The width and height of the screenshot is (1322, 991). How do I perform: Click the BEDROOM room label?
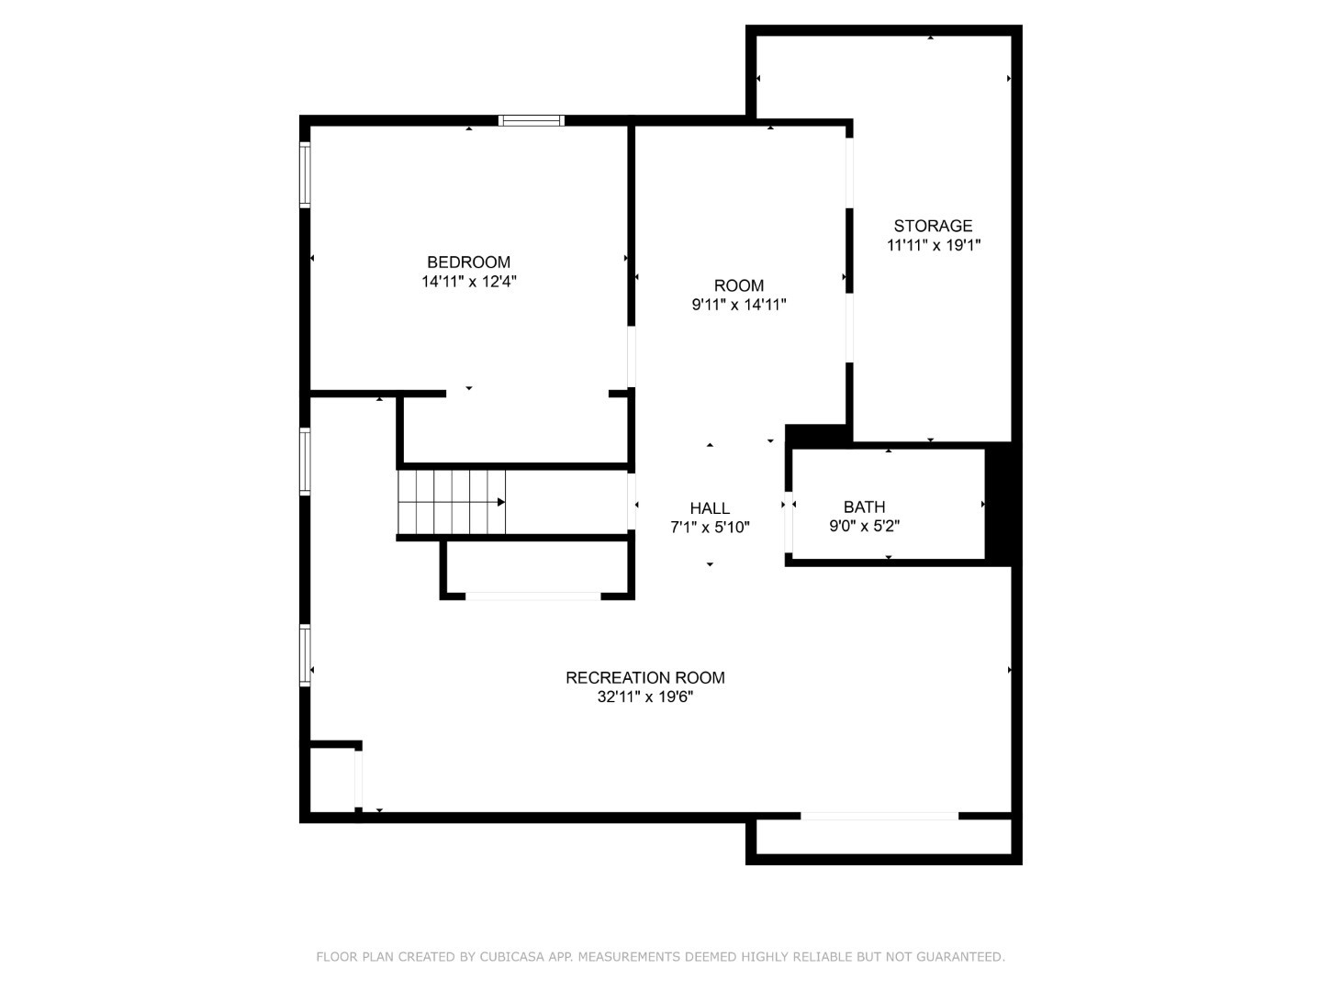pyautogui.click(x=468, y=262)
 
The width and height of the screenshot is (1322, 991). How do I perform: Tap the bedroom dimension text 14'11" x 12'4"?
pyautogui.click(x=468, y=283)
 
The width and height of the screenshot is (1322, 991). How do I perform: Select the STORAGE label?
pyautogui.click(x=933, y=226)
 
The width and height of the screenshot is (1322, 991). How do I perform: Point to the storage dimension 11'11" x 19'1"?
pyautogui.click(x=933, y=246)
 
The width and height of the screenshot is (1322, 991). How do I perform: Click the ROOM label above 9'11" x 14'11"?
pyautogui.click(x=739, y=285)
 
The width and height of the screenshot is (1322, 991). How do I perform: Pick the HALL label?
pyautogui.click(x=710, y=508)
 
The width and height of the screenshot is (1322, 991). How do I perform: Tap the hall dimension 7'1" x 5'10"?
pyautogui.click(x=710, y=528)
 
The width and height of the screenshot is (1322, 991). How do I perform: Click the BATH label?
pyautogui.click(x=864, y=507)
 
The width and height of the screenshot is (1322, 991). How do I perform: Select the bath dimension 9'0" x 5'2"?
pyautogui.click(x=864, y=527)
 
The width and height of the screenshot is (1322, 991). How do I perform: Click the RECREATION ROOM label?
pyautogui.click(x=644, y=678)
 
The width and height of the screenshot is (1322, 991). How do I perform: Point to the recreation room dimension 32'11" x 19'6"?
pyautogui.click(x=644, y=697)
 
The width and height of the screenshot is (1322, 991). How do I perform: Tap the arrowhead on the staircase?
pyautogui.click(x=501, y=502)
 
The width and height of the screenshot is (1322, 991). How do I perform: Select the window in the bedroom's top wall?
pyautogui.click(x=532, y=120)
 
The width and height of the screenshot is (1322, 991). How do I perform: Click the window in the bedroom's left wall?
pyautogui.click(x=306, y=173)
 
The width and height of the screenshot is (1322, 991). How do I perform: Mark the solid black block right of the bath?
pyautogui.click(x=1001, y=503)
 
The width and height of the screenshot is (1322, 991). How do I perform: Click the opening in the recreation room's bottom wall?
pyautogui.click(x=879, y=816)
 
